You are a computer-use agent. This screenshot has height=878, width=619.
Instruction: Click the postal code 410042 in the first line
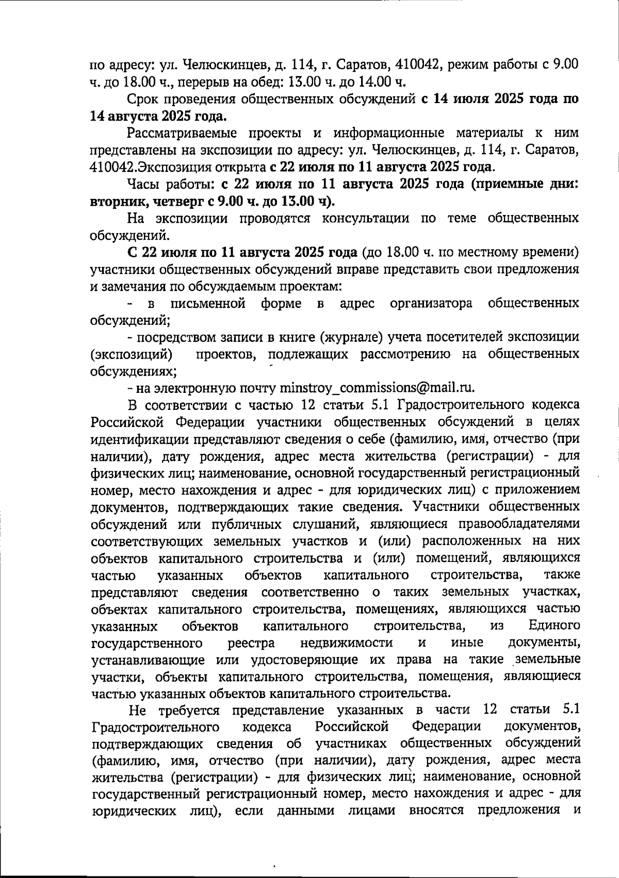[x=417, y=65]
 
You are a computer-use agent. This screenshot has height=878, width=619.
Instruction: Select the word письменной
[x=208, y=303]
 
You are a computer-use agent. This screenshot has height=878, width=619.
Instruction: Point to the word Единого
[x=555, y=626]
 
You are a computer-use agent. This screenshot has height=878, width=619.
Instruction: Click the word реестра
[x=252, y=643]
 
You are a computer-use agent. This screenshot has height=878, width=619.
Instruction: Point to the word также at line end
[x=562, y=575]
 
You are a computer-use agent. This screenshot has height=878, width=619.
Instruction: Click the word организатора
[x=431, y=303]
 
